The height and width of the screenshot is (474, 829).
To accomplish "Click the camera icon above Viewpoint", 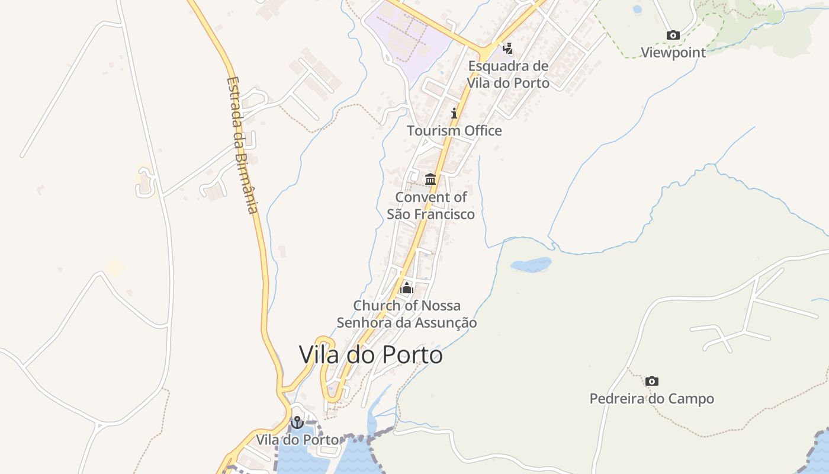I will coord(673,36).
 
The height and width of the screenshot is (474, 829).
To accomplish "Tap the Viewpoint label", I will coord(673,52).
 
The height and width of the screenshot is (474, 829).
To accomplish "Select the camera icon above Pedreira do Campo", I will coord(651,381).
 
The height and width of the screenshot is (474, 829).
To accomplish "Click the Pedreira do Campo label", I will coord(651,399).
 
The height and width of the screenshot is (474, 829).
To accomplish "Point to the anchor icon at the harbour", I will coord(297,422).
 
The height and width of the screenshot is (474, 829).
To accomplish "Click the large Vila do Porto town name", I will coord(371,355).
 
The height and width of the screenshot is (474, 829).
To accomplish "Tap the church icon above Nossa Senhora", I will coord(407,289).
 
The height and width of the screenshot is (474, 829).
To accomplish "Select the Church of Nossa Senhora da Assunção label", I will coord(407,314).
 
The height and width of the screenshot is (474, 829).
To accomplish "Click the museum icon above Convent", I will coord(430,179).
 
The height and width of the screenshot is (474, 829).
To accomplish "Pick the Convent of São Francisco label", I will coord(430,206).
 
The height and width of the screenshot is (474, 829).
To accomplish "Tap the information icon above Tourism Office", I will coord(454,113).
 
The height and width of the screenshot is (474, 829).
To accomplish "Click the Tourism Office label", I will coord(454,130).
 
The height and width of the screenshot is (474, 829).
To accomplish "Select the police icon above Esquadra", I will coord(507,48).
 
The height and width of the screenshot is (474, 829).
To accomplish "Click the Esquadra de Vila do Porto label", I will coord(508,74).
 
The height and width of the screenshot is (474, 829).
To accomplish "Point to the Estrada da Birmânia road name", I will coord(243,145).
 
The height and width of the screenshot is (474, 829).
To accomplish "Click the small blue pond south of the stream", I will coord(531,264).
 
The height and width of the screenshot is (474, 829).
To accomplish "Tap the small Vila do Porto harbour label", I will coord(297,440).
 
